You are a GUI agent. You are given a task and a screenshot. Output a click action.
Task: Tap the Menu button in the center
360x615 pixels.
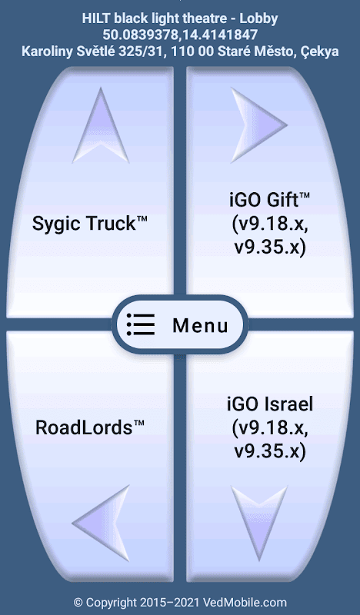click(180, 324)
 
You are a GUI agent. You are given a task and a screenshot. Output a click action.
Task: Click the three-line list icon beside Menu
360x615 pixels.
click(141, 324)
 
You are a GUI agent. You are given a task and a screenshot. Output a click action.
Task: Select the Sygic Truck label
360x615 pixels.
click(89, 224)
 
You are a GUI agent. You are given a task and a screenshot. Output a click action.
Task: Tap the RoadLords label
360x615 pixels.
click(90, 427)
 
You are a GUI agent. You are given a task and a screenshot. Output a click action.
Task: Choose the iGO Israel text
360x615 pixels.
click(270, 404)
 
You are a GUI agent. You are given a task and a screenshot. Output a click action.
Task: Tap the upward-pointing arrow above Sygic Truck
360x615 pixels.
click(101, 125)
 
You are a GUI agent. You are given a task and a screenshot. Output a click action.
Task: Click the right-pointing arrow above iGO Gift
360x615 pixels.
click(259, 125)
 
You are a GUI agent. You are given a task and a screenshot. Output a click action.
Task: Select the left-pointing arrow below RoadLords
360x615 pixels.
click(101, 523)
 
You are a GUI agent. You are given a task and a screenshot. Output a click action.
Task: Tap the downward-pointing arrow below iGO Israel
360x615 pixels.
click(259, 524)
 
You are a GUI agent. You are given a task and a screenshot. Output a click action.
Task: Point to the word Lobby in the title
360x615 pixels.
click(258, 18)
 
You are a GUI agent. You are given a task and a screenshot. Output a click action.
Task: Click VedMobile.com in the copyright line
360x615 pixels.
click(245, 603)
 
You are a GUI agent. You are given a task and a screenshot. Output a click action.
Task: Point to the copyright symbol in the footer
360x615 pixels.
click(78, 603)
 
